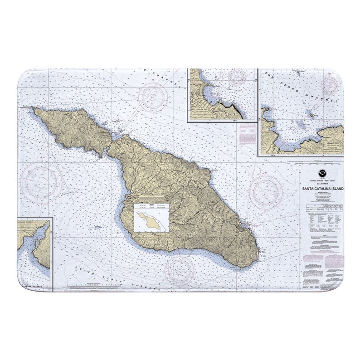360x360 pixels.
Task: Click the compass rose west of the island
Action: click(x=44, y=183)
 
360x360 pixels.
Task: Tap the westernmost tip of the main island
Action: click(x=33, y=109)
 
